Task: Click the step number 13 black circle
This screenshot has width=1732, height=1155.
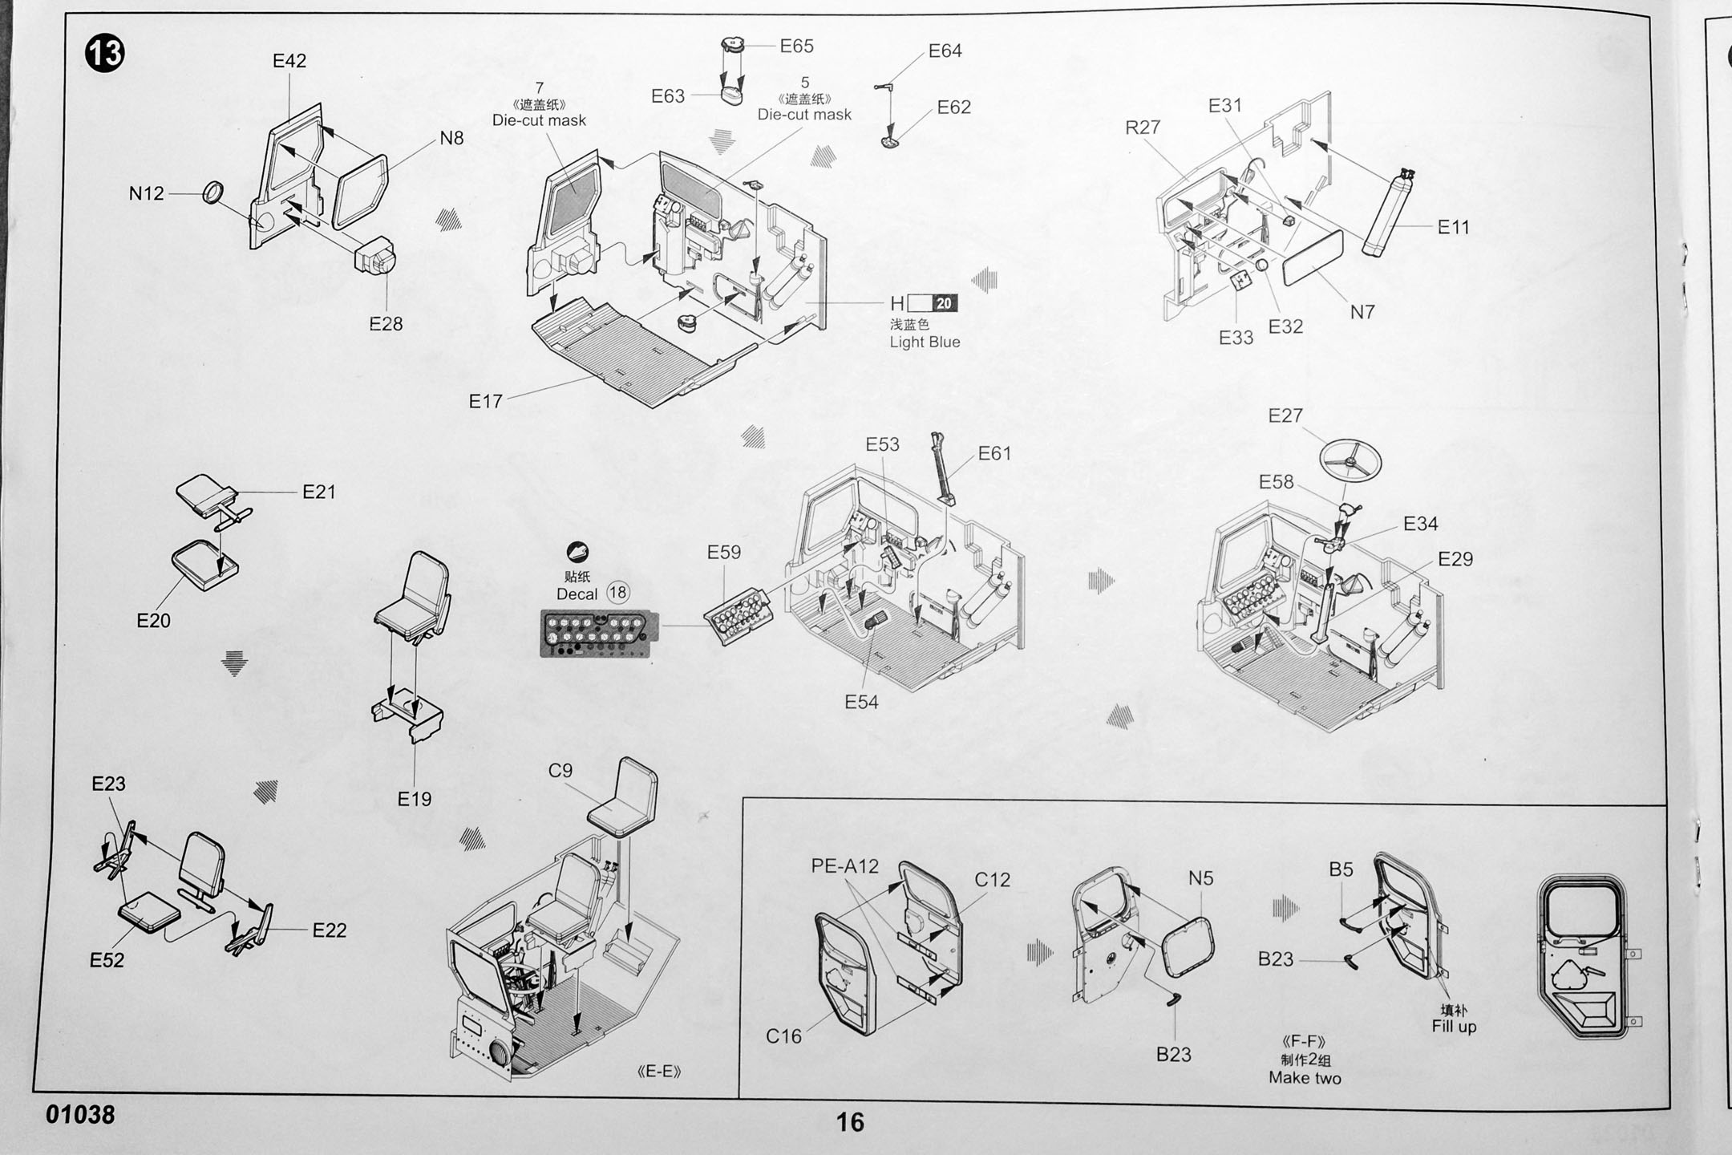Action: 104,54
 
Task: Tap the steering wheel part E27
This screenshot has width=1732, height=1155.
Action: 1351,460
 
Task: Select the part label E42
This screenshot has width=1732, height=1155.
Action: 289,61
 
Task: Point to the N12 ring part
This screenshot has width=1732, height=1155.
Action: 212,192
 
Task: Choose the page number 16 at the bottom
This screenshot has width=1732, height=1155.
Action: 850,1121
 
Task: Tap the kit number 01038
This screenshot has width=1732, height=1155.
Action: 80,1114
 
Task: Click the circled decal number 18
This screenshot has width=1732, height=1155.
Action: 617,593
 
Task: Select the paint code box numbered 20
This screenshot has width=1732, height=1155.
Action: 944,303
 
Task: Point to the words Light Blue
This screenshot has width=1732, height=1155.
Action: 925,342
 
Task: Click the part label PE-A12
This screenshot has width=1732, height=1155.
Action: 844,866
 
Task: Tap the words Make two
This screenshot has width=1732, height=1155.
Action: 1305,1078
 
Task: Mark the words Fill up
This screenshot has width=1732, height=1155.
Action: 1454,1027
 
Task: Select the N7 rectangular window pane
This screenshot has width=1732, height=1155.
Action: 1313,257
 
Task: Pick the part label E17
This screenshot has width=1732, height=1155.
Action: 485,401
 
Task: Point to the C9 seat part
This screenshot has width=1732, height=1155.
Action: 624,798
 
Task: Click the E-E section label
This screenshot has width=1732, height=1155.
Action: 658,1072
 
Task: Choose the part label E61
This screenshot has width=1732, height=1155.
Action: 994,454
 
